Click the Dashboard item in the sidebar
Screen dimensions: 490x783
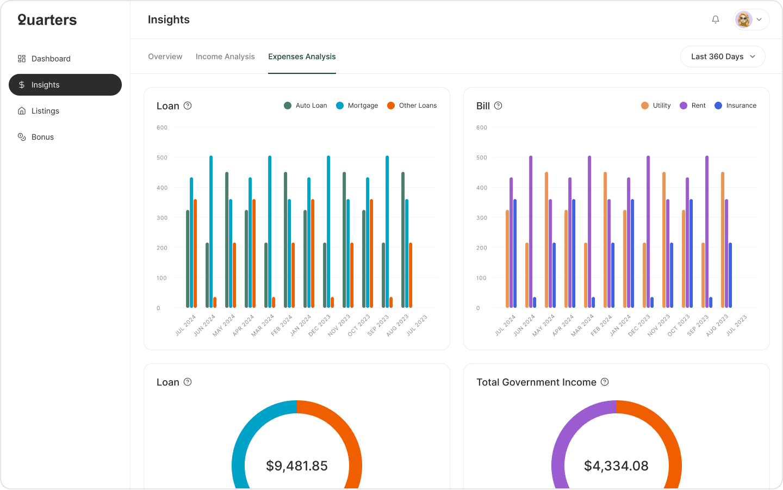[51, 59]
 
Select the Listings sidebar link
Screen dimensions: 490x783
[45, 111]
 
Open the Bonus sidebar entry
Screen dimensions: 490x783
[42, 137]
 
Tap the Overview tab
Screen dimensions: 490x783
[165, 57]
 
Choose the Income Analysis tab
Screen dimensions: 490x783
[225, 57]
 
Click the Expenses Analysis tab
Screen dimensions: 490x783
[302, 57]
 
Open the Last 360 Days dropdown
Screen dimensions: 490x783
[723, 57]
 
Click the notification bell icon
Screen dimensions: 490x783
[716, 20]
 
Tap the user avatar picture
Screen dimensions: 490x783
[743, 20]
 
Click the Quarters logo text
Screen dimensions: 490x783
[47, 20]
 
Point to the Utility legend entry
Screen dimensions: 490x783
[656, 106]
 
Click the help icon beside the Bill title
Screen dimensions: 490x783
[498, 106]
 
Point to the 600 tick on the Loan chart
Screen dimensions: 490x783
[162, 128]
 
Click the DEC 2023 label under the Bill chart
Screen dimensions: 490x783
[639, 325]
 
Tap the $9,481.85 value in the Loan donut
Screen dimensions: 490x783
[297, 466]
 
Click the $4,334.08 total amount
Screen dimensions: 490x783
[616, 466]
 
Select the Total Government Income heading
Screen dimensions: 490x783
[536, 382]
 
